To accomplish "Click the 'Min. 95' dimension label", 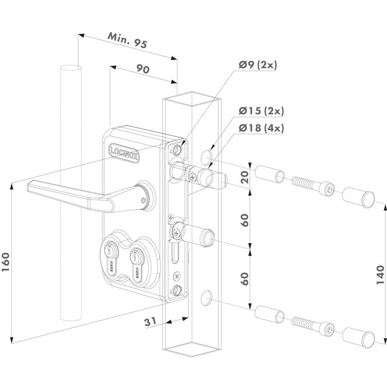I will click(x=127, y=41).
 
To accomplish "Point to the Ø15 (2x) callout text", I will click(x=262, y=111).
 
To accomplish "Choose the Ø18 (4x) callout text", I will click(x=262, y=127).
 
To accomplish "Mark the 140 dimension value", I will click(x=379, y=276).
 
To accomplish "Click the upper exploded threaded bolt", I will click(x=312, y=184).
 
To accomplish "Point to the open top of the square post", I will click(x=189, y=98).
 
